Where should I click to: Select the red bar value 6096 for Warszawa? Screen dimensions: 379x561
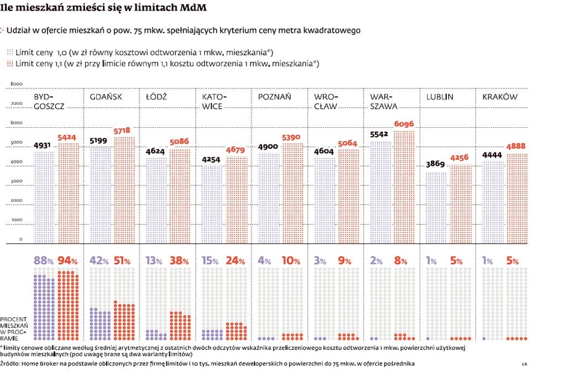pyautogui.click(x=408, y=124)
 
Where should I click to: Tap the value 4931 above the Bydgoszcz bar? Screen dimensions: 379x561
pyautogui.click(x=43, y=145)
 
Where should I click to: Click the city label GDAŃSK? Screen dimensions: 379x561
pyautogui.click(x=106, y=97)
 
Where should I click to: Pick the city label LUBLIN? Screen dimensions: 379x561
pyautogui.click(x=440, y=97)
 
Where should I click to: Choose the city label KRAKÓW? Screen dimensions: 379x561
pyautogui.click(x=500, y=97)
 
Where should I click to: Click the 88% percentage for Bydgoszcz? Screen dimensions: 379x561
pyautogui.click(x=44, y=262)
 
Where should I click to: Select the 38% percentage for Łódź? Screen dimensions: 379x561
pyautogui.click(x=180, y=262)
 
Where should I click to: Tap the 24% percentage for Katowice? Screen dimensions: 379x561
pyautogui.click(x=236, y=262)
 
